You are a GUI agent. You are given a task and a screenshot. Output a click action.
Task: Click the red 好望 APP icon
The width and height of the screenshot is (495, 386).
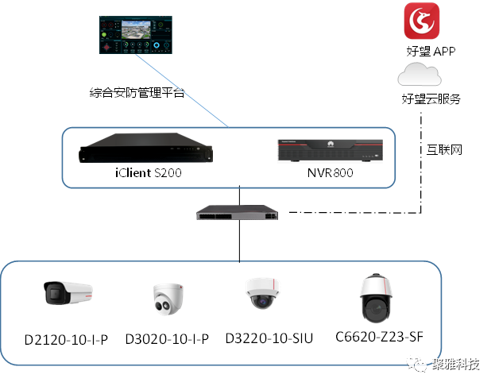pos(422,21)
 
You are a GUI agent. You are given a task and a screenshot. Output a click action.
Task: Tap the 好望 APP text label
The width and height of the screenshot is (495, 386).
pos(430,51)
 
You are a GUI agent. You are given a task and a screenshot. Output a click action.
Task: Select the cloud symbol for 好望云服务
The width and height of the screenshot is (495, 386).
pos(421,75)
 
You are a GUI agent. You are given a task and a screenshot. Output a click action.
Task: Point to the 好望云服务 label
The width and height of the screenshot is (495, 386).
pos(431,99)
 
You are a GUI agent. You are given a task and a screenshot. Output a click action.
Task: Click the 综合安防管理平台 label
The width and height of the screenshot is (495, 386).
pos(137,92)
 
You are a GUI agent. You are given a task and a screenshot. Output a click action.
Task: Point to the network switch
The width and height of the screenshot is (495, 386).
pos(239,213)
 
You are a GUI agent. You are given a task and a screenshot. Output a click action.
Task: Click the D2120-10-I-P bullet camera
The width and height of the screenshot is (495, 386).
pos(67,293)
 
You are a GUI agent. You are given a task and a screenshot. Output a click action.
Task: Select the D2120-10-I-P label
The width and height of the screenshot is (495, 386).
pos(67,339)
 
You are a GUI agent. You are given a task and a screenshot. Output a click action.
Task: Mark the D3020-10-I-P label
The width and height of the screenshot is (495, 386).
pos(167,339)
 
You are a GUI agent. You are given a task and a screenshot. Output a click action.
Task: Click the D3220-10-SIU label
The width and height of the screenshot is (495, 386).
pos(269,338)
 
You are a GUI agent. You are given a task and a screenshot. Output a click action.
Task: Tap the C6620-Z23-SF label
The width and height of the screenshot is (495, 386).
pos(379,337)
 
